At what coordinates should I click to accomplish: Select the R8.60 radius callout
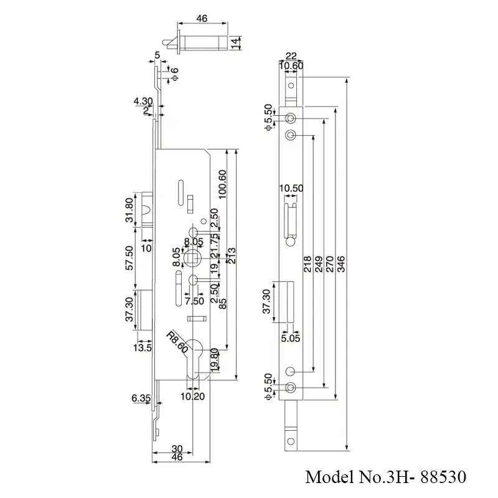(177, 342)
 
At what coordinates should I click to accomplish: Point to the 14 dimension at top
(235, 44)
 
